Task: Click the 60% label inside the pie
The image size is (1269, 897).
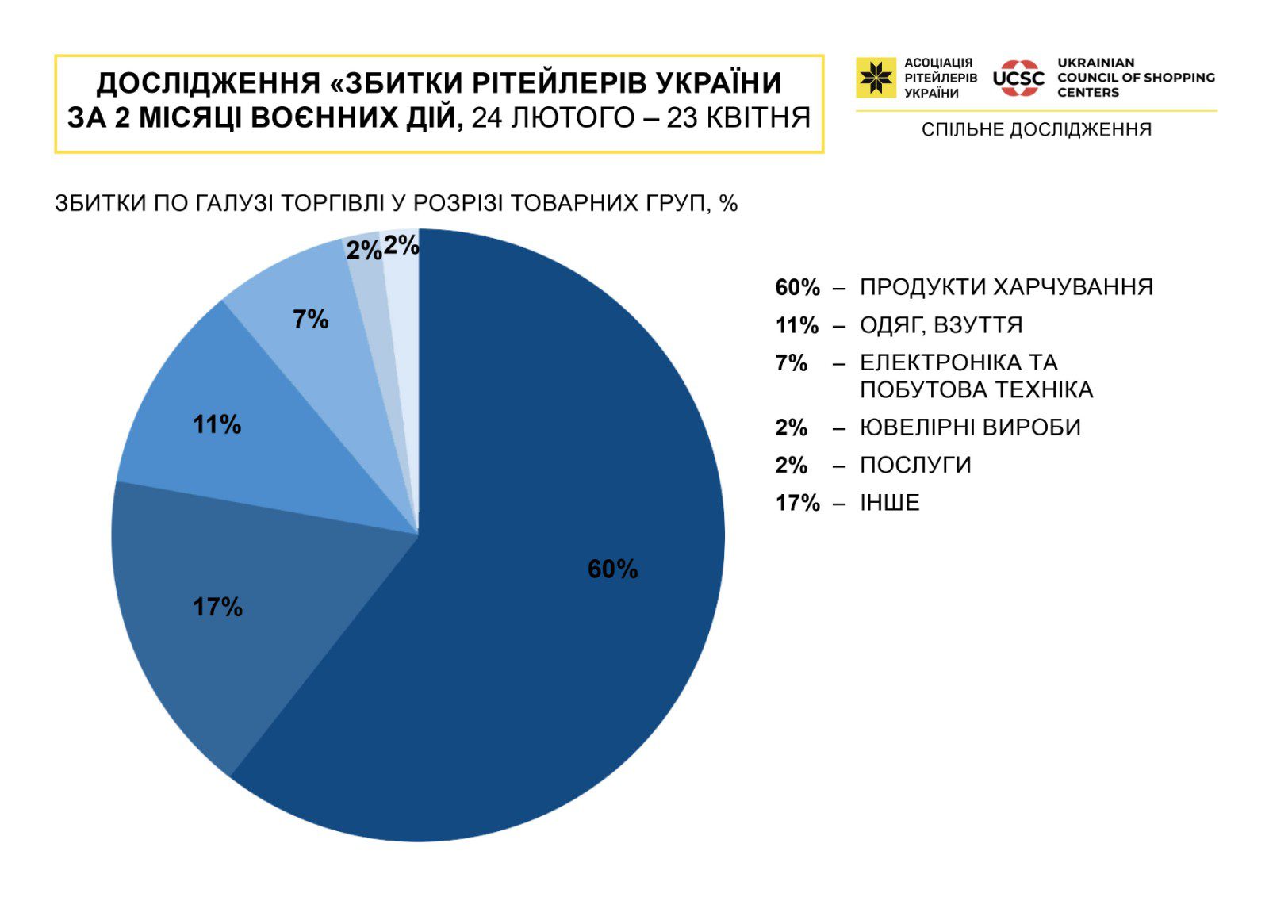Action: pyautogui.click(x=612, y=569)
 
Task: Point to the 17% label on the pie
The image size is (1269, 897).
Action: pyautogui.click(x=217, y=608)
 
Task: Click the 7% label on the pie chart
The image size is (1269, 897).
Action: pyautogui.click(x=310, y=320)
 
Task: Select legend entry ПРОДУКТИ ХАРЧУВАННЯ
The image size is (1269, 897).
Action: pyautogui.click(x=1006, y=287)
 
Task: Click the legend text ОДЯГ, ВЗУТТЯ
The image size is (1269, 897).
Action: pyautogui.click(x=941, y=325)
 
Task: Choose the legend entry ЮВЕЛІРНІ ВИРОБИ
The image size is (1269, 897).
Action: pyautogui.click(x=970, y=427)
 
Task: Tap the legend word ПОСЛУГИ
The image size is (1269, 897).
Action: pyautogui.click(x=915, y=465)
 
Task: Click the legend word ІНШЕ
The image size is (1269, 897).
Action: pyautogui.click(x=889, y=503)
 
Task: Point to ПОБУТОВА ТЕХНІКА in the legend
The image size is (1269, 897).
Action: pyautogui.click(x=976, y=390)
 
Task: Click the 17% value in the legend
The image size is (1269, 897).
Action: pyautogui.click(x=797, y=503)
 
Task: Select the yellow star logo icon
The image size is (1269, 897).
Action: pyautogui.click(x=876, y=78)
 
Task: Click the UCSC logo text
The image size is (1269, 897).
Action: pyautogui.click(x=1018, y=79)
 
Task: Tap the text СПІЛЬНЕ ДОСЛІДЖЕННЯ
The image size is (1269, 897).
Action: pyautogui.click(x=1036, y=130)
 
